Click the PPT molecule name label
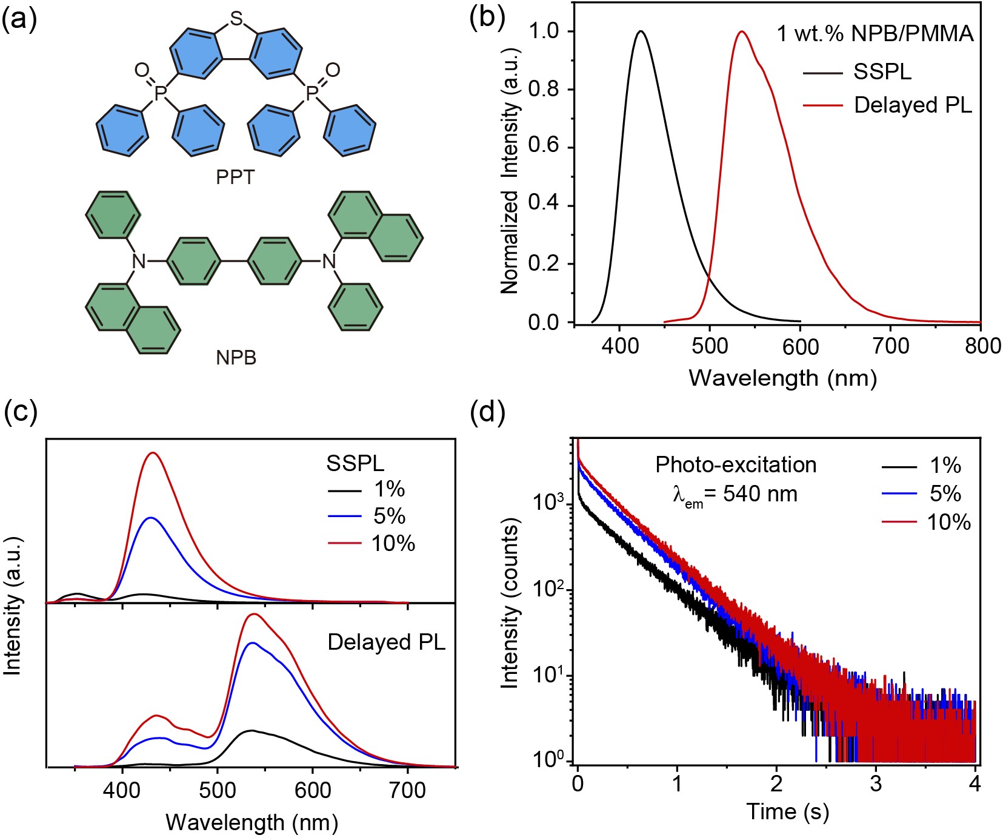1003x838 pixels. [235, 177]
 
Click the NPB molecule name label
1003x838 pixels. [236, 358]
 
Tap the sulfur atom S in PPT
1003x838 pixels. [236, 19]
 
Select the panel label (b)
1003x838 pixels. [487, 18]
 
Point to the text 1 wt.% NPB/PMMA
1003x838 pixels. [875, 33]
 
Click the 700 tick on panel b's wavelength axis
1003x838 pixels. [891, 346]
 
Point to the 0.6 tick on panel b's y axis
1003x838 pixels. [544, 148]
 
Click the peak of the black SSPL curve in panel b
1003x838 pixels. [641, 31]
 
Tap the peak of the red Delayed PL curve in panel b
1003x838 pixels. [741, 31]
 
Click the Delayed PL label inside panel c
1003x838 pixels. [386, 642]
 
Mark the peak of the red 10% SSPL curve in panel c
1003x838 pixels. [153, 452]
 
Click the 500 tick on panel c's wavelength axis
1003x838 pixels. [218, 790]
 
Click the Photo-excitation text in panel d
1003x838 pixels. [736, 465]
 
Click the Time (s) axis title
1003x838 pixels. [787, 811]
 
